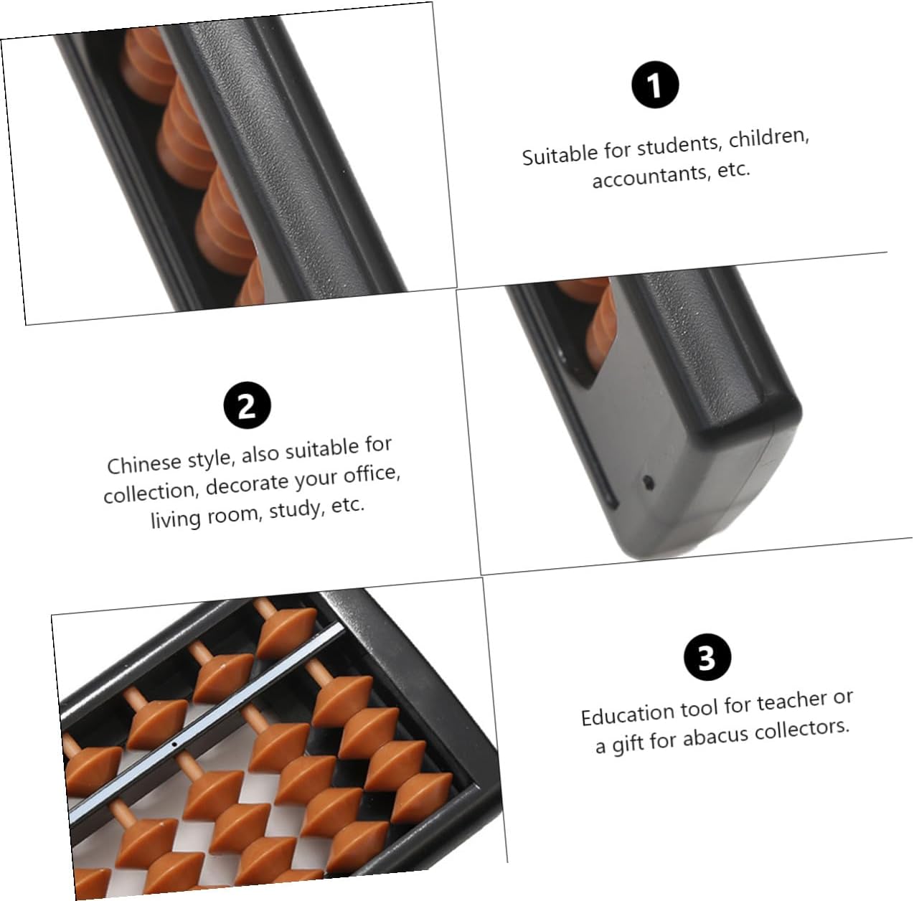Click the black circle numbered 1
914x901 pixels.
click(655, 85)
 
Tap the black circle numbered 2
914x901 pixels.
click(247, 405)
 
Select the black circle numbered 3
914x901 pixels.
click(707, 658)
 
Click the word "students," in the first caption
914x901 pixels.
click(679, 146)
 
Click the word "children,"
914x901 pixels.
click(768, 138)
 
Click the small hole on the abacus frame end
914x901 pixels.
click(649, 483)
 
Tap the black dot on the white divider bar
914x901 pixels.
click(174, 745)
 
